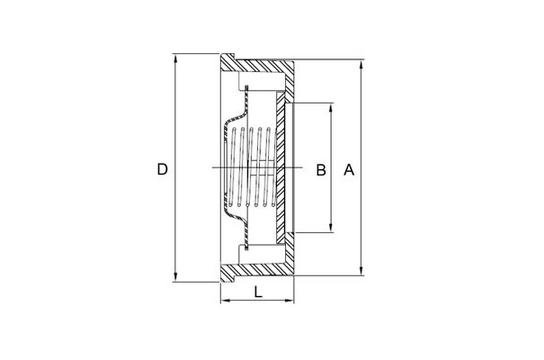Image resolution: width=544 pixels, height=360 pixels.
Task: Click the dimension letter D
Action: click(x=163, y=169)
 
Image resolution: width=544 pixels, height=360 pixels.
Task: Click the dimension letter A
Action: click(x=349, y=170)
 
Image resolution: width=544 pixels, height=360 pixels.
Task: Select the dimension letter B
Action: click(x=321, y=170)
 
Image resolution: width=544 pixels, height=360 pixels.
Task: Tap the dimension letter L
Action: click(x=258, y=292)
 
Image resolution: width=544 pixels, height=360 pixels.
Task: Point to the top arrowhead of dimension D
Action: click(x=175, y=58)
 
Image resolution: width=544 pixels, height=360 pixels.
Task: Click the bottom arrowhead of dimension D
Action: click(x=175, y=277)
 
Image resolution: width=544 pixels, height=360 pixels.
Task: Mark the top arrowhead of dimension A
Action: click(x=361, y=65)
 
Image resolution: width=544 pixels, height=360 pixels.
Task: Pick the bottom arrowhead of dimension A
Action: click(x=361, y=271)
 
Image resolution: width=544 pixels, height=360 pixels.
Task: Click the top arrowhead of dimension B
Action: click(x=331, y=108)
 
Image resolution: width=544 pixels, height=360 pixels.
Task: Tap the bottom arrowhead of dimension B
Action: click(x=331, y=228)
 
